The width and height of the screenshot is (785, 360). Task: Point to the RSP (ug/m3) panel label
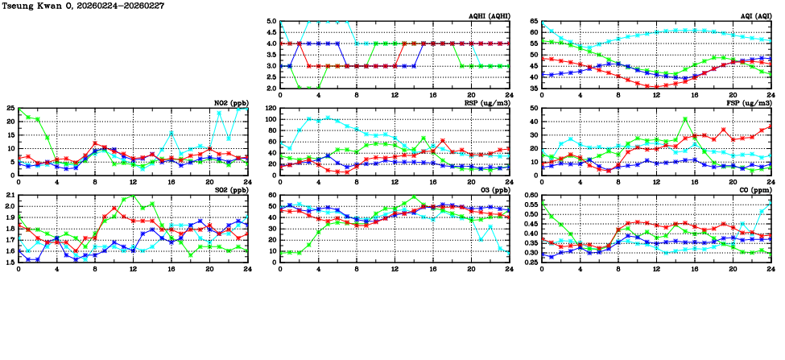click(483, 103)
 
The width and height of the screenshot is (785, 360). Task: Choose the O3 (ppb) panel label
click(490, 190)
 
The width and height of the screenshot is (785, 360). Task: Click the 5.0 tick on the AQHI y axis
click(271, 22)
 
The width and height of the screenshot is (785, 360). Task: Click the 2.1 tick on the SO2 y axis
click(10, 196)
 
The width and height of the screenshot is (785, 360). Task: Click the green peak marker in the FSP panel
click(685, 119)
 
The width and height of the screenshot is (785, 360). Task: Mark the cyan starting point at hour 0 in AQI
click(542, 23)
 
